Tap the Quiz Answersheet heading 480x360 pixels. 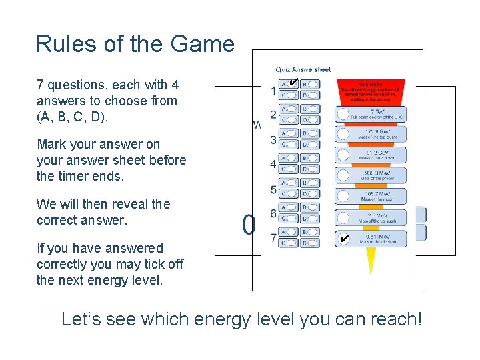pos(303,69)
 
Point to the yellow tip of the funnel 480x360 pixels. pos(371,263)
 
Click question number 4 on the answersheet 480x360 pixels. pos(273,163)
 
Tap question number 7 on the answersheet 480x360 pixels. pos(273,237)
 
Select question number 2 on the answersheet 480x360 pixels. pos(273,114)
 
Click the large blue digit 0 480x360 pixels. pos(249,225)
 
